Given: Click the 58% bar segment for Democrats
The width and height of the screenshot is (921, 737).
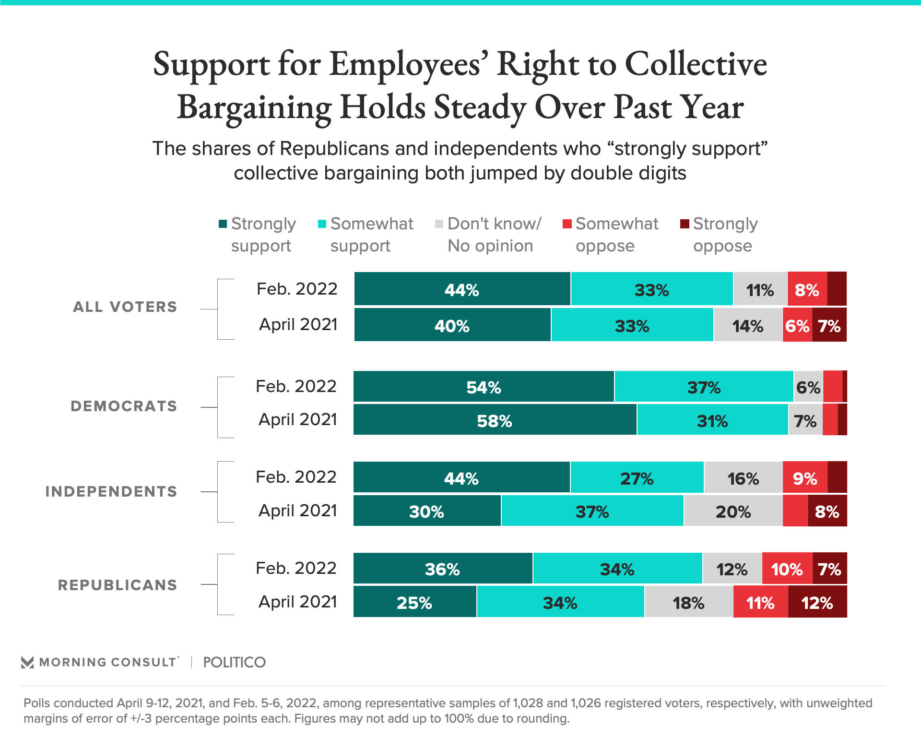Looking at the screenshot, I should pyautogui.click(x=495, y=420).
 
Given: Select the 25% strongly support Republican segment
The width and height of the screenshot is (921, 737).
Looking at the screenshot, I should pyautogui.click(x=415, y=602).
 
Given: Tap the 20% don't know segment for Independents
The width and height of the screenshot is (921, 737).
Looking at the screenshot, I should pyautogui.click(x=733, y=511).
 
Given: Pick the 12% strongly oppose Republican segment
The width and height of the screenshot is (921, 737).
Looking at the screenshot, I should pyautogui.click(x=817, y=602).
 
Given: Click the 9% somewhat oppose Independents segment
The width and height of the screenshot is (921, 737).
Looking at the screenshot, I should pyautogui.click(x=805, y=478).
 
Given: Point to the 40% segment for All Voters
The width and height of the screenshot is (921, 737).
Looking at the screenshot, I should pyautogui.click(x=452, y=325).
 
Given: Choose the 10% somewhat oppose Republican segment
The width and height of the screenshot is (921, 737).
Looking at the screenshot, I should pyautogui.click(x=787, y=569).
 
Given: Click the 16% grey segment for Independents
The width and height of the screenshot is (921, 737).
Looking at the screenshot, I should pyautogui.click(x=743, y=478).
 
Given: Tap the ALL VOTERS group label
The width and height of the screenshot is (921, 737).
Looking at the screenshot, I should pyautogui.click(x=125, y=307).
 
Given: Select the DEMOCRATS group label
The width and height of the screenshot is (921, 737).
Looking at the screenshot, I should pyautogui.click(x=124, y=406).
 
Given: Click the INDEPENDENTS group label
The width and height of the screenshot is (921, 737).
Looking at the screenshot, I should pyautogui.click(x=111, y=492).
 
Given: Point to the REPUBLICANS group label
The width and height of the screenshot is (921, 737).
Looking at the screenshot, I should pyautogui.click(x=118, y=585).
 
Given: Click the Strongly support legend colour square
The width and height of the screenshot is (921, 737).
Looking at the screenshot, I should pyautogui.click(x=223, y=224).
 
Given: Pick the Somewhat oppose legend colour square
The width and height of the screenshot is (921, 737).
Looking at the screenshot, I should pyautogui.click(x=567, y=224).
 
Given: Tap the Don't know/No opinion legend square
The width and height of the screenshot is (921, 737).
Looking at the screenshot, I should pyautogui.click(x=439, y=224).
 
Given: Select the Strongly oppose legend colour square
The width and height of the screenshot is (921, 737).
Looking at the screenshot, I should pyautogui.click(x=685, y=224).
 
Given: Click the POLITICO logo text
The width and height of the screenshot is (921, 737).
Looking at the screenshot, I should pyautogui.click(x=234, y=663).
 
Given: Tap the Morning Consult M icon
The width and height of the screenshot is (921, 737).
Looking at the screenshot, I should pyautogui.click(x=27, y=663).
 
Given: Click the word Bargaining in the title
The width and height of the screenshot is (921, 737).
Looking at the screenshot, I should pyautogui.click(x=254, y=107).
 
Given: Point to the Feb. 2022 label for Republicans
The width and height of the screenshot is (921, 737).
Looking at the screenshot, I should pyautogui.click(x=296, y=568).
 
